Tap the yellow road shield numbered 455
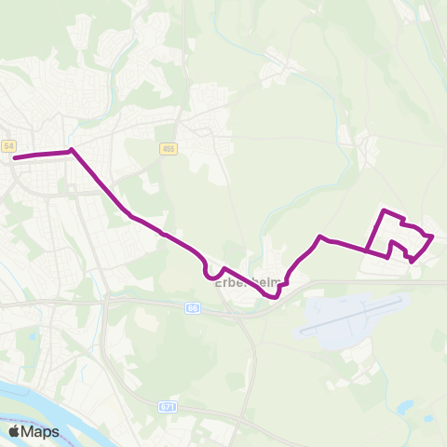point(168,148)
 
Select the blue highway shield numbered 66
point(193,306)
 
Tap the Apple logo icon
point(15,431)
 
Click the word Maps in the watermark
point(41,431)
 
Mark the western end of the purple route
point(15,157)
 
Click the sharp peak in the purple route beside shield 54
point(71,150)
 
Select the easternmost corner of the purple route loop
point(434,237)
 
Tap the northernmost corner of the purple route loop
point(384,211)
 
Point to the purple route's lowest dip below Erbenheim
point(274,297)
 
